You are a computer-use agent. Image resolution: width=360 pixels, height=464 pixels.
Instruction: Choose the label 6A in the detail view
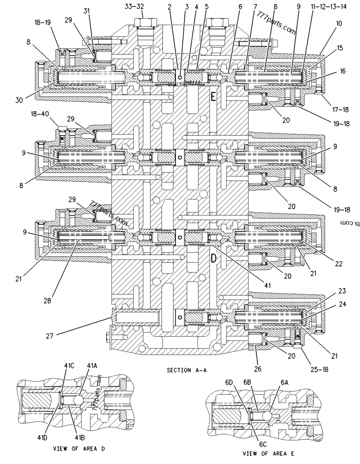(x=284, y=382)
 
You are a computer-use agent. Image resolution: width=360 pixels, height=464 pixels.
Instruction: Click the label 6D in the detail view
(x=230, y=382)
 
